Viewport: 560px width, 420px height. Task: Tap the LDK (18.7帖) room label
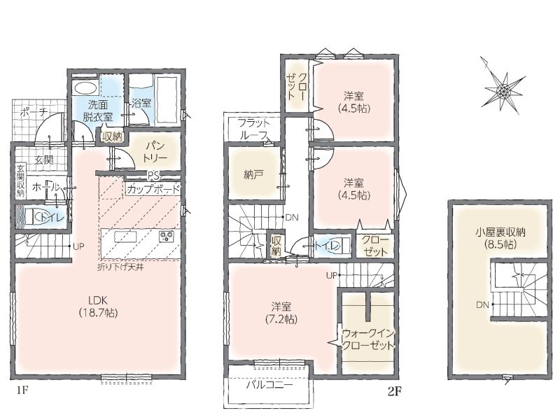pyautogui.click(x=98, y=306)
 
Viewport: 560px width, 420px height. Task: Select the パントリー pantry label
pyautogui.click(x=155, y=151)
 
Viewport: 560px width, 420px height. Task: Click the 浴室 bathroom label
pyautogui.click(x=141, y=103)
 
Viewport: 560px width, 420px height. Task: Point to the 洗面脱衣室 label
pyautogui.click(x=98, y=111)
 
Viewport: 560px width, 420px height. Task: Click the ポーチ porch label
pyautogui.click(x=34, y=112)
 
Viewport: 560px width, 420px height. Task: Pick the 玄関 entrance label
pyautogui.click(x=43, y=160)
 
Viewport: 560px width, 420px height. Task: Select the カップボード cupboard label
pyautogui.click(x=153, y=189)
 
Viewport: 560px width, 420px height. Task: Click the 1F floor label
pyautogui.click(x=22, y=391)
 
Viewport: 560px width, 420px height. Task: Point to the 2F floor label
pyautogui.click(x=395, y=392)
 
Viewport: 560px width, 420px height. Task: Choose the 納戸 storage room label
pyautogui.click(x=254, y=174)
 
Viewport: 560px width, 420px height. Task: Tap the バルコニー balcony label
pyautogui.click(x=269, y=384)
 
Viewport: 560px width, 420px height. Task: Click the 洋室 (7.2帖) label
pyautogui.click(x=281, y=312)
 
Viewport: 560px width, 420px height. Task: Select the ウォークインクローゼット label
pyautogui.click(x=369, y=339)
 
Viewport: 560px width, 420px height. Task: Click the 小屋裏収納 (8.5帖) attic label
pyautogui.click(x=500, y=238)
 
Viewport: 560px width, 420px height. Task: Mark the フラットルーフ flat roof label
pyautogui.click(x=254, y=129)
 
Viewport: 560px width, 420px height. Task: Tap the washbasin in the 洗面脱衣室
pyautogui.click(x=85, y=88)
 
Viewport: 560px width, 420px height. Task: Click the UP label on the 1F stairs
pyautogui.click(x=78, y=246)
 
